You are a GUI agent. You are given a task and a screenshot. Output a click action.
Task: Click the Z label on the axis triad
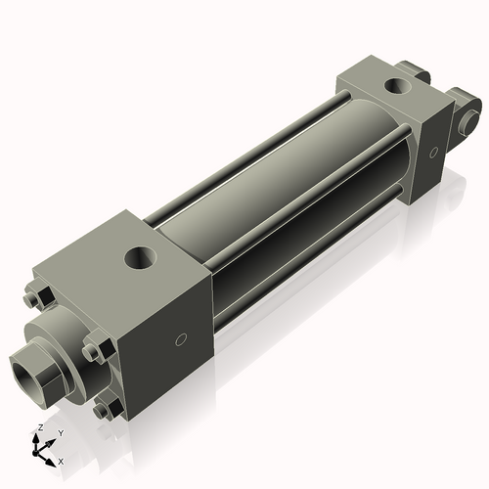coord(38,427)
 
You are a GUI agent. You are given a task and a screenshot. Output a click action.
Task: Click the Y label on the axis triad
coord(60,432)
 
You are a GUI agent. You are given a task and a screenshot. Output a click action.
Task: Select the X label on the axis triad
coord(62,460)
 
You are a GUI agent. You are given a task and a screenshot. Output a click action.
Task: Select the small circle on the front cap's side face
coord(179,340)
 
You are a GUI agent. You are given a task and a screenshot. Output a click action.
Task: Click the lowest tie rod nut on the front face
coord(106,408)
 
